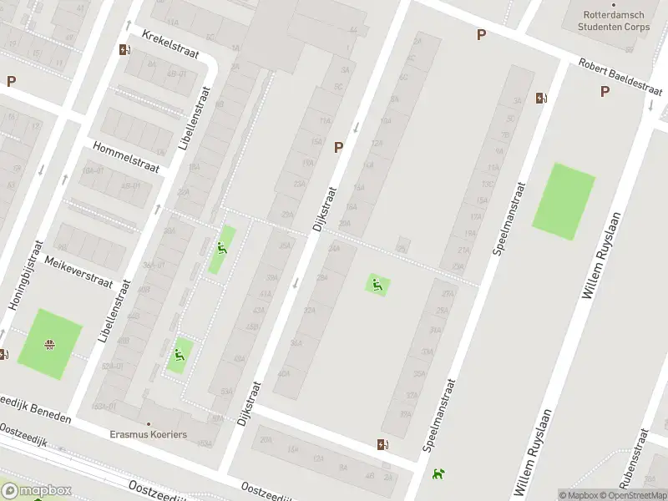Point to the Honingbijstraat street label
[24, 276]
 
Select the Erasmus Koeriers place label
[149, 434]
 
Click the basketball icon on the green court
[50, 343]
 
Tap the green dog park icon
[438, 474]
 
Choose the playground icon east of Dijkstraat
[377, 285]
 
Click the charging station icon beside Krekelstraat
[124, 49]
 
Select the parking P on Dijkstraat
[338, 147]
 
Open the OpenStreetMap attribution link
[630, 495]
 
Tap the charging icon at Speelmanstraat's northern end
[541, 98]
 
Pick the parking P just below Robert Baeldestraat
[604, 92]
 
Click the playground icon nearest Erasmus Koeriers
[178, 359]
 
